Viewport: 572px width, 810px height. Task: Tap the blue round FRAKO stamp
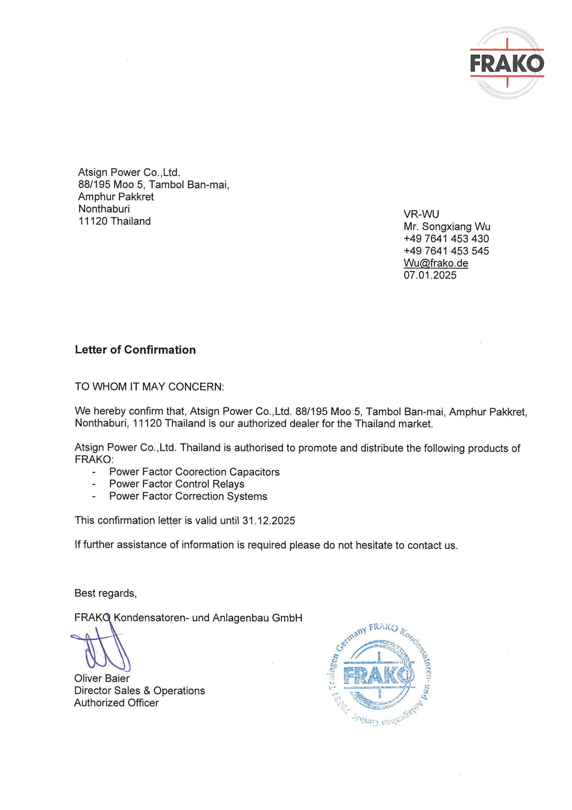click(x=380, y=676)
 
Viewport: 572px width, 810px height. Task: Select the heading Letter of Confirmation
click(x=135, y=350)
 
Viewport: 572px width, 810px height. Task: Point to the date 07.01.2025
click(x=430, y=275)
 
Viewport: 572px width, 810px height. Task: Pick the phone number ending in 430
click(x=446, y=239)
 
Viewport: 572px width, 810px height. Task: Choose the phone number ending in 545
click(x=446, y=251)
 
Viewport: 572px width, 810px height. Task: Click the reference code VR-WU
click(x=422, y=215)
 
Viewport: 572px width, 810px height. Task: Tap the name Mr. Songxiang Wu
click(x=447, y=227)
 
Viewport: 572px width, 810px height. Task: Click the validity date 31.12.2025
click(x=269, y=521)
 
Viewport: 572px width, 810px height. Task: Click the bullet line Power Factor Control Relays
click(x=177, y=484)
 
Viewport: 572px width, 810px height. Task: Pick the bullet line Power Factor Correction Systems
click(x=188, y=496)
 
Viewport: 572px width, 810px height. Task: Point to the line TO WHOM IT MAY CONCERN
click(x=149, y=387)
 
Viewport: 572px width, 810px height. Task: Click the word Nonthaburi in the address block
click(x=104, y=209)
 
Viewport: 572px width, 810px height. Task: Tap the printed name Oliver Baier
click(x=102, y=678)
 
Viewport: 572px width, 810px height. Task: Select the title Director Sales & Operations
click(x=140, y=691)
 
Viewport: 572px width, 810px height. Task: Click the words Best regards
click(x=105, y=593)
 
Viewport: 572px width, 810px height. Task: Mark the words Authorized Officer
click(x=116, y=703)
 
